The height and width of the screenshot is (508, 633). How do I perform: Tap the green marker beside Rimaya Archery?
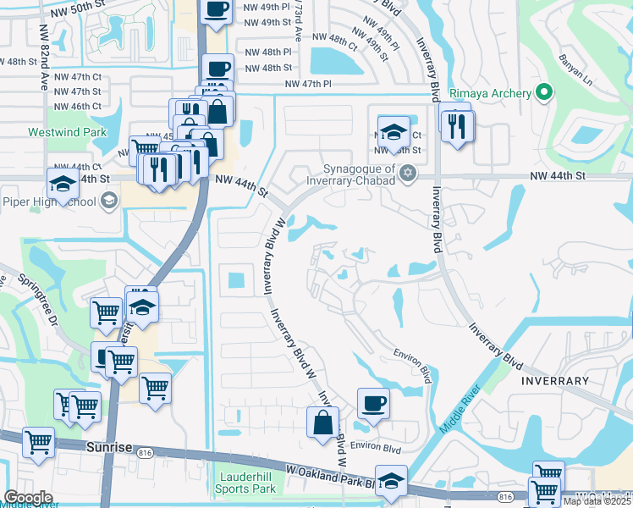(x=544, y=93)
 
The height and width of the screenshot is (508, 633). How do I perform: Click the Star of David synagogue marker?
(x=407, y=174)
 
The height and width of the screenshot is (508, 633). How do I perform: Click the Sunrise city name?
(x=109, y=444)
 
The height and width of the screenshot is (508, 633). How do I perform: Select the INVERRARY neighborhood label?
(x=555, y=381)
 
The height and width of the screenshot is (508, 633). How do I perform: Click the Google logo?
(x=28, y=498)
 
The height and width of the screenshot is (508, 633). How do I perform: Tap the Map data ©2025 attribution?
(x=597, y=501)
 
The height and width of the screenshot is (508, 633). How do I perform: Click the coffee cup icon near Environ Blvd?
(x=372, y=402)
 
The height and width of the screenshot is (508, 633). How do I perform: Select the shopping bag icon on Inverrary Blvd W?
(x=322, y=422)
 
